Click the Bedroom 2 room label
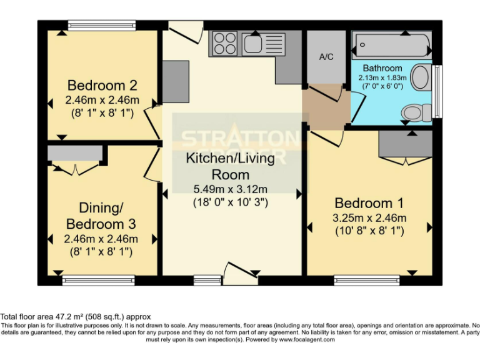[x=102, y=86]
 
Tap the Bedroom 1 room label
[x=369, y=203]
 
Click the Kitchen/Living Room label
[x=230, y=166]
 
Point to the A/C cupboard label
[x=326, y=57]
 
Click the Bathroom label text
[x=382, y=68]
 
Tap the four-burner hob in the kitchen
[x=225, y=44]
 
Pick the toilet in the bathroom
[x=416, y=112]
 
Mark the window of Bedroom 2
[x=101, y=26]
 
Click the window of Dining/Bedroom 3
[x=98, y=280]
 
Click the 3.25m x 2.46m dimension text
[x=369, y=218]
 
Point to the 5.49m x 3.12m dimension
[x=230, y=189]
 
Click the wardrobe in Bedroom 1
[x=405, y=146]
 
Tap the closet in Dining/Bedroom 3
[x=75, y=154]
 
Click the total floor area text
[x=76, y=317]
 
